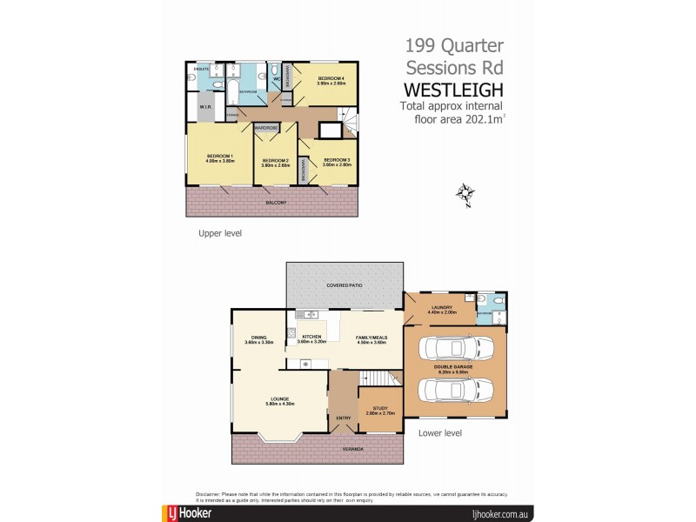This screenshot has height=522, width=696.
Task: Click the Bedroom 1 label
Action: (x=219, y=156)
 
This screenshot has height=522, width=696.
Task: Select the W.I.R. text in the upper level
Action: (x=205, y=107)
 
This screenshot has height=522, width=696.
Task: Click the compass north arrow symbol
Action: (x=465, y=194)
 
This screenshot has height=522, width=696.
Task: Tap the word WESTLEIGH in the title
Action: (x=453, y=90)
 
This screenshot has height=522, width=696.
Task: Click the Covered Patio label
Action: (x=345, y=284)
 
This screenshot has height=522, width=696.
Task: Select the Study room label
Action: (x=379, y=407)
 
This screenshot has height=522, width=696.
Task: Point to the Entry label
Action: (x=343, y=418)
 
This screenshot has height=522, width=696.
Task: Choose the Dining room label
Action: (x=259, y=339)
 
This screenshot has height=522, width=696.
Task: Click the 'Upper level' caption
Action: (x=219, y=233)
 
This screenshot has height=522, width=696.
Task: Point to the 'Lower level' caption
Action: (x=439, y=432)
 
